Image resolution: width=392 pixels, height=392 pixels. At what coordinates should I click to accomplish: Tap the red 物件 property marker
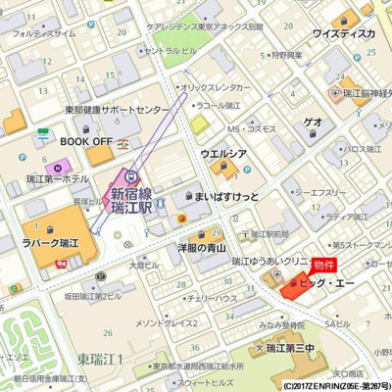click(324, 266)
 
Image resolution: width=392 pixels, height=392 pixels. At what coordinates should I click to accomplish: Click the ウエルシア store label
click(222, 154)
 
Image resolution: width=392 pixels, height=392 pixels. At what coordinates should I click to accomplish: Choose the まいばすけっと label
click(227, 197)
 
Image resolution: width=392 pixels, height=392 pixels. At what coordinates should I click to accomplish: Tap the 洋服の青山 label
click(209, 248)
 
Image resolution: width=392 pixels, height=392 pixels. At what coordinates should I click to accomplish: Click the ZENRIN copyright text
click(333, 386)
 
